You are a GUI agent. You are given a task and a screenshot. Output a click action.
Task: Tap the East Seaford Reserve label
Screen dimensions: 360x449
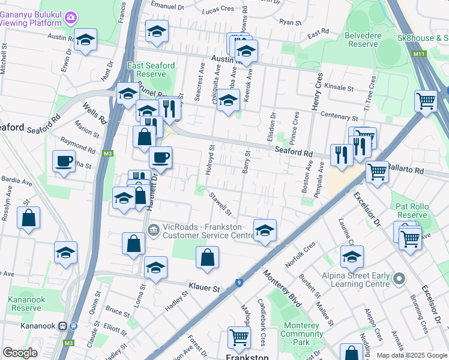tap(151, 70)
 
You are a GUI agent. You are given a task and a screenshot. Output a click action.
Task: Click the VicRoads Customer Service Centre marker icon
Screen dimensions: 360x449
tap(152, 229)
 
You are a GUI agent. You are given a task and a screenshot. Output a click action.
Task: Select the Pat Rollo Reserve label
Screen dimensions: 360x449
tap(411, 211)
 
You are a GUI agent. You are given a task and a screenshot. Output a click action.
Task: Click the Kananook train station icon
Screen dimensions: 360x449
tap(62, 326)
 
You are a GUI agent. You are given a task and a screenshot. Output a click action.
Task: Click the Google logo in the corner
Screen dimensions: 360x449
tap(19, 352)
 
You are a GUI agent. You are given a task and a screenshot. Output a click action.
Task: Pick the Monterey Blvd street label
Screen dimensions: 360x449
tap(281, 288)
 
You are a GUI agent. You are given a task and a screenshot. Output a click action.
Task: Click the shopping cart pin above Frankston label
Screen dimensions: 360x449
tap(239, 338)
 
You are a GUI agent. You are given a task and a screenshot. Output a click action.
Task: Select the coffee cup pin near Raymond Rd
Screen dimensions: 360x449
tap(64, 161)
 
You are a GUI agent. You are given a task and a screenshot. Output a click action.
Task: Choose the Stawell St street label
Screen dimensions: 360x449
tap(220, 203)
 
